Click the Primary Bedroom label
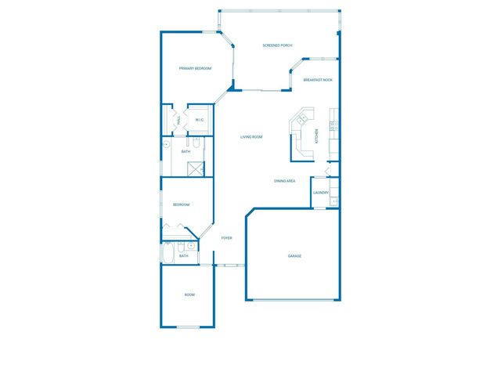[x=195, y=69]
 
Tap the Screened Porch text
[x=277, y=45]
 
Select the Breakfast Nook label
[x=319, y=80]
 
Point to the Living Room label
[x=251, y=137]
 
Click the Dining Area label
[x=284, y=181]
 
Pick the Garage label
[x=294, y=256]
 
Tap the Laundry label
[x=320, y=193]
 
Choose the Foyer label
[x=226, y=238]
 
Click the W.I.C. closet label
[x=200, y=120]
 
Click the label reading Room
[x=189, y=295]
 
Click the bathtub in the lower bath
[x=169, y=255]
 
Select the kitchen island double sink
[x=301, y=119]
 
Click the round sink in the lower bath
[x=191, y=246]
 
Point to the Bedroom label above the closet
[x=181, y=204]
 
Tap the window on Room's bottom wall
[x=188, y=327]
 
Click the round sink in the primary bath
[x=166, y=145]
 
